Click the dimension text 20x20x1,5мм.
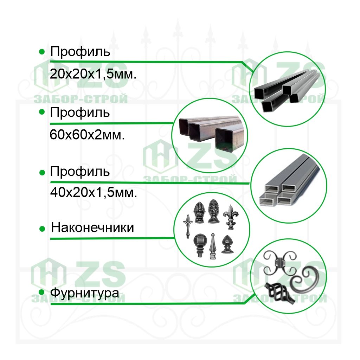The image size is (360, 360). pyautogui.click(x=93, y=74)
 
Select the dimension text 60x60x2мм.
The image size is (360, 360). pyautogui.click(x=87, y=135)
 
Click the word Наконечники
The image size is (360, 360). pyautogui.click(x=92, y=227)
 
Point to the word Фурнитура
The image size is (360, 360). pyautogui.click(x=84, y=293)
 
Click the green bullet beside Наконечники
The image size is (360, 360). pyautogui.click(x=42, y=229)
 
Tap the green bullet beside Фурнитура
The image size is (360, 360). pyautogui.click(x=41, y=292)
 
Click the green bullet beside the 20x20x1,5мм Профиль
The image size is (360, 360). pyautogui.click(x=42, y=52)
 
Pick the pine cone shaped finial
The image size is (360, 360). pyautogui.click(x=213, y=211)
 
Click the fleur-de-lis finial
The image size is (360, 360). pyautogui.click(x=231, y=217)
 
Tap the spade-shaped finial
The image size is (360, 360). pyautogui.click(x=227, y=244)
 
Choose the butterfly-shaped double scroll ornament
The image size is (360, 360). pyautogui.click(x=279, y=263)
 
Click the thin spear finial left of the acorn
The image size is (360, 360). pyautogui.click(x=188, y=226)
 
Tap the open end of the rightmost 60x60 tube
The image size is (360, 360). pyautogui.click(x=225, y=140)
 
